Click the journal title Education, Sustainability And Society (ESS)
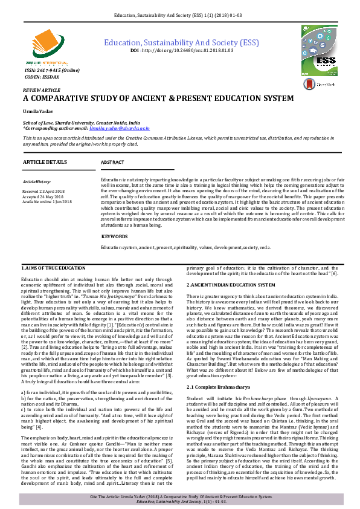tap(182, 42)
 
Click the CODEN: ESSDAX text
tap(40, 77)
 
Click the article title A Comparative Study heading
tap(158, 98)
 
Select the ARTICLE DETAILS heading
tap(46, 163)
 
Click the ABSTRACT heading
tap(112, 163)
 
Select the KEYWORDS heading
tap(114, 236)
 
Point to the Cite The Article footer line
tap(180, 495)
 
